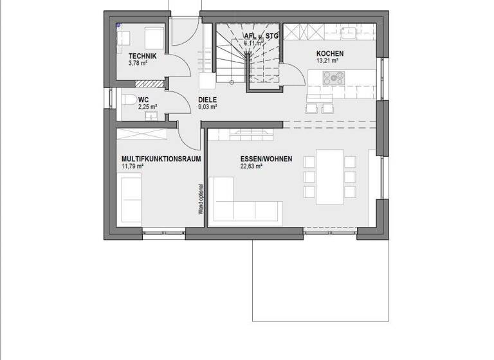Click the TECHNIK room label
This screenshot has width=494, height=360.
pyautogui.click(x=143, y=56)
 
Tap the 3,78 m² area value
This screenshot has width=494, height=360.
pyautogui.click(x=139, y=63)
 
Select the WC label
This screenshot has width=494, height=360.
pyautogui.click(x=143, y=100)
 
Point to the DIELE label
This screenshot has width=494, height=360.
pyautogui.click(x=207, y=100)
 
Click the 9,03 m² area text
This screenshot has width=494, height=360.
pyautogui.click(x=207, y=107)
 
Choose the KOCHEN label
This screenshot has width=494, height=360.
pyautogui.click(x=329, y=54)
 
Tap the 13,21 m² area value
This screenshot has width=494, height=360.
pyautogui.click(x=327, y=61)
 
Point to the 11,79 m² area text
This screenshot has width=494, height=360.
pyautogui.click(x=132, y=166)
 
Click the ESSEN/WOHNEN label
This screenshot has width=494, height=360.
pyautogui.click(x=266, y=158)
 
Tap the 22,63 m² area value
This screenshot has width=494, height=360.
pyautogui.click(x=251, y=166)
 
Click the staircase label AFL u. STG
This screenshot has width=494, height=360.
pyautogui.click(x=261, y=37)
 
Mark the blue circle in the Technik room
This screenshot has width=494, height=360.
pyautogui.click(x=119, y=26)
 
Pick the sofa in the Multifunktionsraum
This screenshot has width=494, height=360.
pyautogui.click(x=131, y=199)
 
